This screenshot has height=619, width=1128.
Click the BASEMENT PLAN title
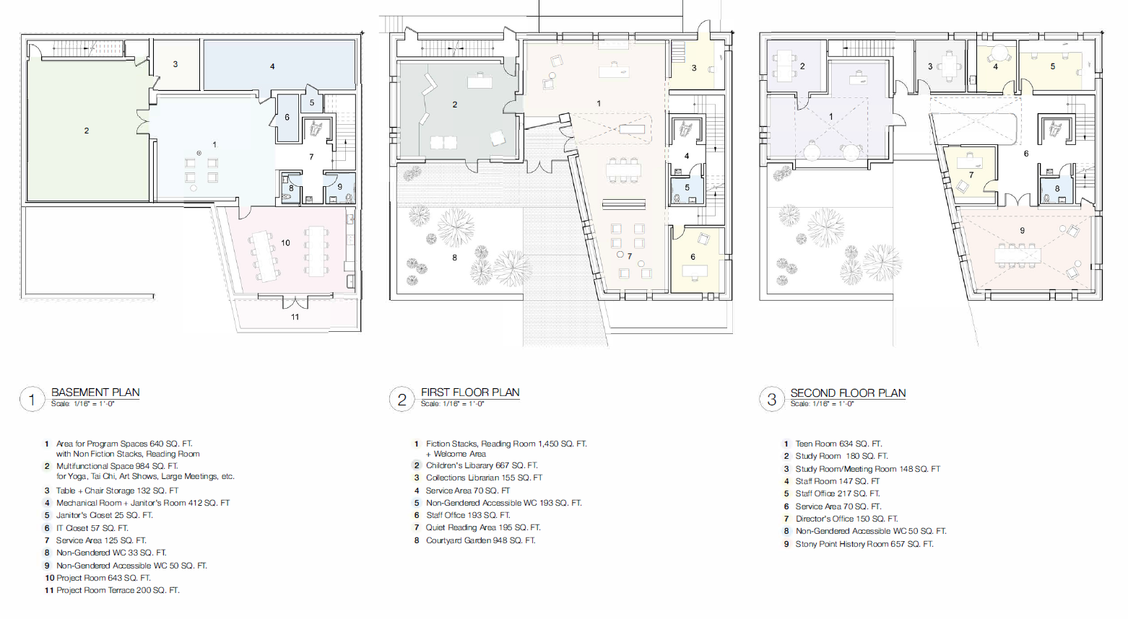(x=95, y=392)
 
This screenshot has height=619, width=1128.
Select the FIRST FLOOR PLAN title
(x=470, y=392)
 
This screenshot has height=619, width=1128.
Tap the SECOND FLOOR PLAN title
(x=848, y=392)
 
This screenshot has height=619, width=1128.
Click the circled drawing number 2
(x=402, y=400)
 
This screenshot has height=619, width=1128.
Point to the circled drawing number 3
(x=772, y=400)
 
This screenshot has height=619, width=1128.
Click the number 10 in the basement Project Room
(x=285, y=243)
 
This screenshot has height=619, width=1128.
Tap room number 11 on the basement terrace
(x=295, y=317)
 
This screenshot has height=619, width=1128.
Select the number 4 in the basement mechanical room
(x=272, y=66)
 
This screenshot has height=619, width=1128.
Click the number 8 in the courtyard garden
(x=454, y=258)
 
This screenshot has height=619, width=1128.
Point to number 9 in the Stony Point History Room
(x=1023, y=230)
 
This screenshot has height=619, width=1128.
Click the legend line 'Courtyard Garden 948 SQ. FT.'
(x=480, y=540)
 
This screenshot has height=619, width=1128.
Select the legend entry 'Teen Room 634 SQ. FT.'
(x=838, y=444)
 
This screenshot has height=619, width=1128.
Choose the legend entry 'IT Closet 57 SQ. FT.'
(x=92, y=528)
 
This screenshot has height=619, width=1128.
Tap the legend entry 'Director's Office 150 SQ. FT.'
(x=846, y=518)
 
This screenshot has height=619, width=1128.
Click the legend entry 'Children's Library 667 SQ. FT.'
(x=482, y=465)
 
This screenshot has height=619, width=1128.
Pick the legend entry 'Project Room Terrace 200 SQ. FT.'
(x=118, y=590)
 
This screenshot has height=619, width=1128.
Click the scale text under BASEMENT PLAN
(x=82, y=403)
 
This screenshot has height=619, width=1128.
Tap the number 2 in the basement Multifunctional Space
(x=87, y=131)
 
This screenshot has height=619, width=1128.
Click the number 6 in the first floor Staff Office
(x=693, y=257)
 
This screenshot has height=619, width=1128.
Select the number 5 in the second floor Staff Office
(x=1052, y=66)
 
